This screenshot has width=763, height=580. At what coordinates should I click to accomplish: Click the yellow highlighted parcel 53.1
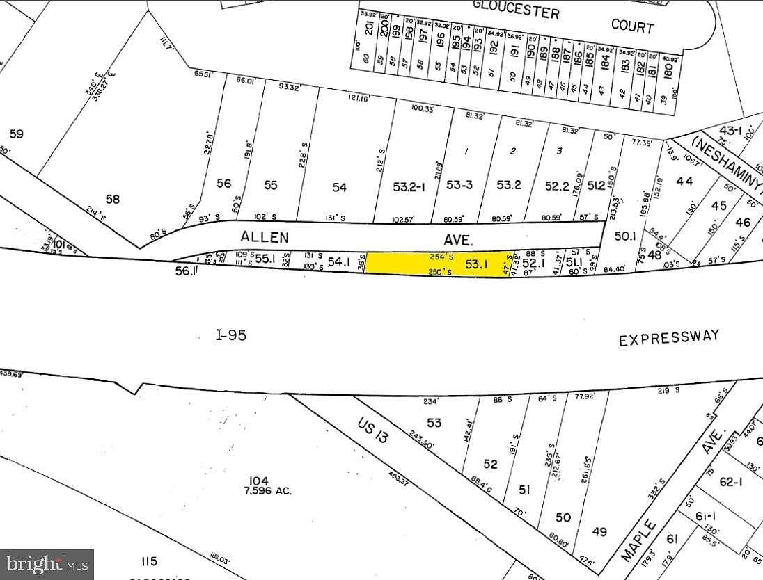[x=439, y=263]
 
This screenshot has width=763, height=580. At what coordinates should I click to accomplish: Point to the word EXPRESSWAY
[x=669, y=338]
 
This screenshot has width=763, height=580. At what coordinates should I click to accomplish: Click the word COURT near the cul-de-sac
[x=632, y=26]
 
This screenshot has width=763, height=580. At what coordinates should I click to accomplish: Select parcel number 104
[x=259, y=481]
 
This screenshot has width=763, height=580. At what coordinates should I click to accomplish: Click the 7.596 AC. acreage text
[x=267, y=491]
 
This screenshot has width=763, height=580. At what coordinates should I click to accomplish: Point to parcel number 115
[x=148, y=561]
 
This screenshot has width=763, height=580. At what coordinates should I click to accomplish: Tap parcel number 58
[x=113, y=199]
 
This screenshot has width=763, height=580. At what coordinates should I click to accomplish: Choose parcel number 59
[x=16, y=133]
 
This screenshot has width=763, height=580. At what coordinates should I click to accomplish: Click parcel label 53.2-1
[x=409, y=186]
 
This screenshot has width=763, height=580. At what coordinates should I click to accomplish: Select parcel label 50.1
[x=625, y=236]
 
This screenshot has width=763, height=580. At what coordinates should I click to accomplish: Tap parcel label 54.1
[x=339, y=262]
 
